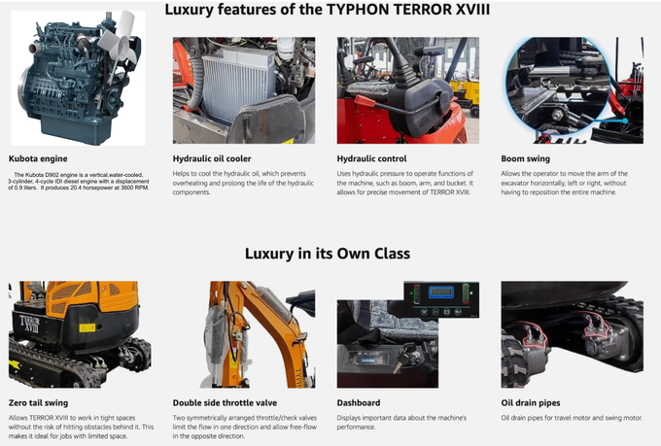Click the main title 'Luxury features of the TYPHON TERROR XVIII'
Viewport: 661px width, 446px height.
click(x=327, y=11)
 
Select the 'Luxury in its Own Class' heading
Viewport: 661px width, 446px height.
click(x=327, y=254)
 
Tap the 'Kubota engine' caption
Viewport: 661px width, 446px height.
click(x=38, y=158)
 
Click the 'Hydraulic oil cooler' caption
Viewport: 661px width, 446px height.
click(x=211, y=158)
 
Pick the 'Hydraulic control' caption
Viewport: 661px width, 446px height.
click(x=371, y=158)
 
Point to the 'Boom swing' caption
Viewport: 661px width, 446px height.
click(x=525, y=158)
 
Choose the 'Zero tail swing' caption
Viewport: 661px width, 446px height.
click(x=38, y=402)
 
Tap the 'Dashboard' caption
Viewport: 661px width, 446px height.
click(x=358, y=402)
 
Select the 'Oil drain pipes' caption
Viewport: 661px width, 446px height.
click(x=532, y=402)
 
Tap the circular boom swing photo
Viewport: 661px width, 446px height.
click(x=558, y=90)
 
